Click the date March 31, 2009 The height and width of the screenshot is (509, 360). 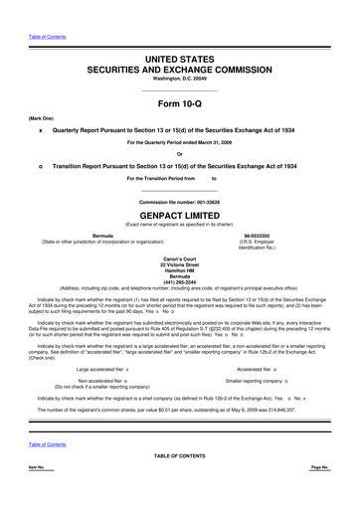pos(216,143)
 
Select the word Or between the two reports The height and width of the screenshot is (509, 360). pos(180,153)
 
